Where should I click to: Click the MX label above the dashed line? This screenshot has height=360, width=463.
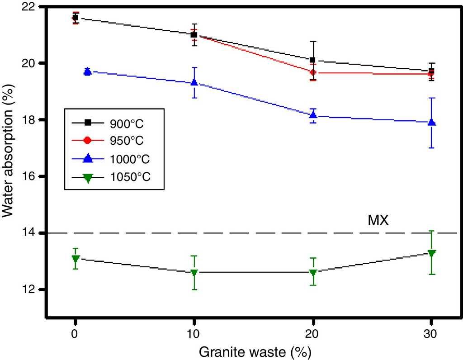click(378, 221)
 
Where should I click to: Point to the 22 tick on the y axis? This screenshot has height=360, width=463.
click(33, 7)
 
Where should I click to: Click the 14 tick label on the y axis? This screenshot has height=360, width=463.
click(33, 233)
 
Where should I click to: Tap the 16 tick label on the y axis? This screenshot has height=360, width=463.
click(33, 176)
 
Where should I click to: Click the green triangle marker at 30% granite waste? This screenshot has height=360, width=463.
click(431, 253)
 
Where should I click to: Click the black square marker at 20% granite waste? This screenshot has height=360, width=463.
click(312, 60)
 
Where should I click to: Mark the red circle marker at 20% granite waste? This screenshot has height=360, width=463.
click(312, 72)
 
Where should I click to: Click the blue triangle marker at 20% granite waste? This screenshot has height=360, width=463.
click(312, 115)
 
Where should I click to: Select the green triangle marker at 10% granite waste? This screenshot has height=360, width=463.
click(194, 273)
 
